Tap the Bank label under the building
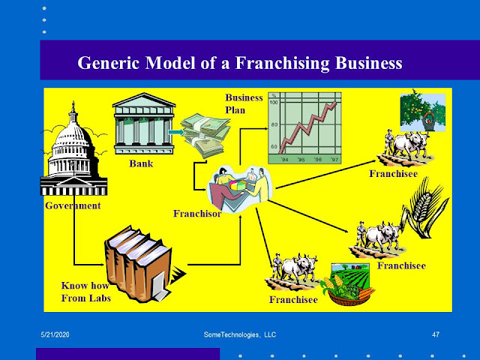point(141,161)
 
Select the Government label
point(72,205)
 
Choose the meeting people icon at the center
point(238,188)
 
